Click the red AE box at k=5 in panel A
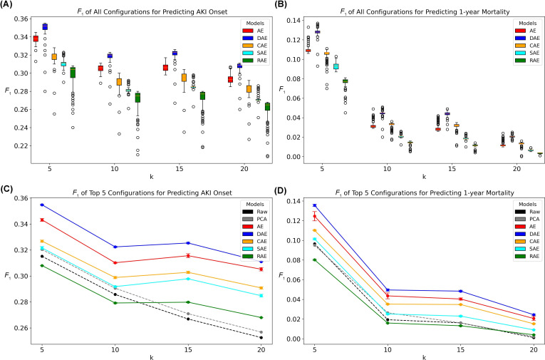(x=36, y=38)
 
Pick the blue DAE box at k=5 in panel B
(x=317, y=31)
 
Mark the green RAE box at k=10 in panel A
(x=137, y=98)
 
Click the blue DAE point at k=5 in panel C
(x=41, y=205)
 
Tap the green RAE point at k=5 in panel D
(x=315, y=259)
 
